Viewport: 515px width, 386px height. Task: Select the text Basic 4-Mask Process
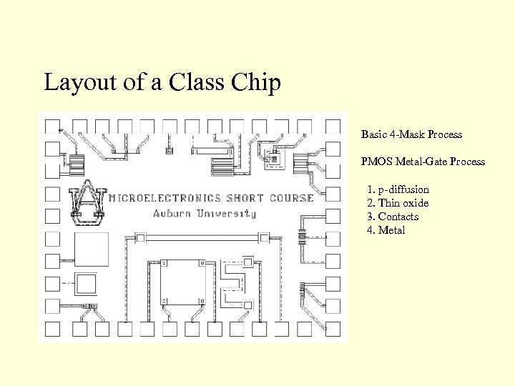pos(411,134)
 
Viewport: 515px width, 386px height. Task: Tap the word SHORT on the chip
pos(245,198)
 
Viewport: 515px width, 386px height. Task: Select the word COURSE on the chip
pos(292,198)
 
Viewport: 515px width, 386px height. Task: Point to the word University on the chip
pos(226,213)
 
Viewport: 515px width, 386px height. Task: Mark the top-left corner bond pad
pos(51,127)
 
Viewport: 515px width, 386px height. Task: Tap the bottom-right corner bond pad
pos(333,328)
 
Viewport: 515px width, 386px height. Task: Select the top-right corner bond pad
pos(333,127)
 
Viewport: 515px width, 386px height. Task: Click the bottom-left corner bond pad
pos(51,328)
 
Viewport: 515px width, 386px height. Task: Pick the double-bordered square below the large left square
pos(85,282)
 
